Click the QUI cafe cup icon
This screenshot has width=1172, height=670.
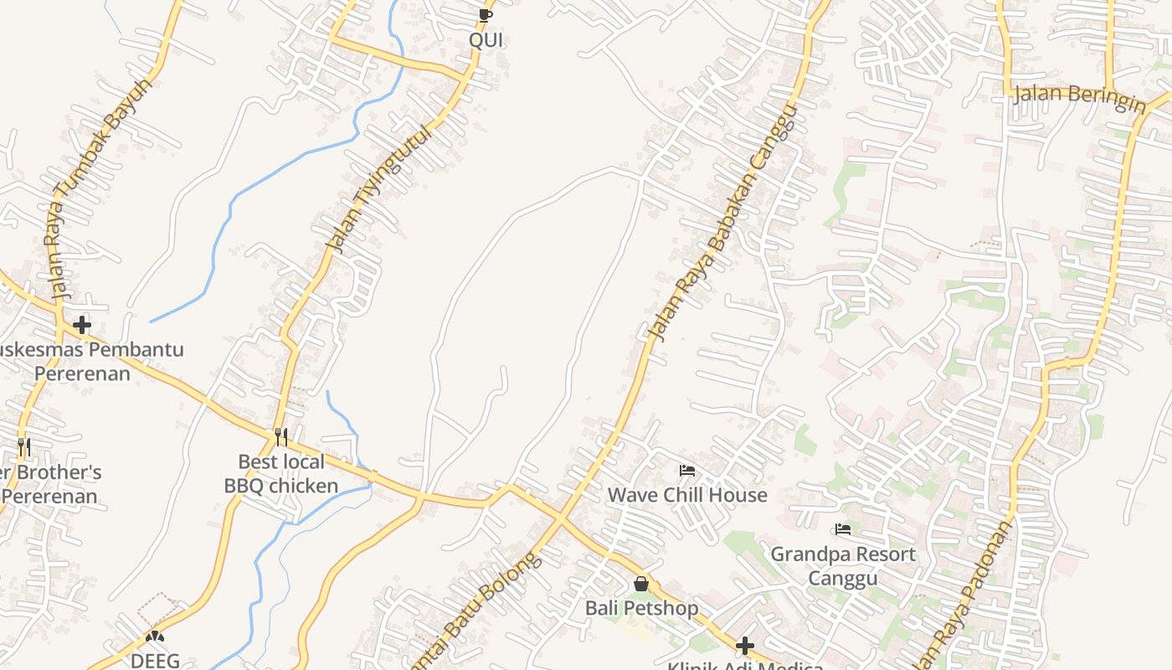485,15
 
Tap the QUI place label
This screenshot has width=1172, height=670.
486,40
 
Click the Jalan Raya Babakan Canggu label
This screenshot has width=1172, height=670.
722,223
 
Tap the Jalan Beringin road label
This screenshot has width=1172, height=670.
1079,98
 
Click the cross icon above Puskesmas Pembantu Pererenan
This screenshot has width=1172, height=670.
82,325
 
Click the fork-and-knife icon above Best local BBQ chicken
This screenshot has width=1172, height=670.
281,437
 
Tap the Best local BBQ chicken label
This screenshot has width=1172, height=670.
281,474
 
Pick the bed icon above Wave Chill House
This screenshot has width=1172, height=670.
687,471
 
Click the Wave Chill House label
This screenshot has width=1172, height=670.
687,495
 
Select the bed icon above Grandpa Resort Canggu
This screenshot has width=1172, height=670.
843,529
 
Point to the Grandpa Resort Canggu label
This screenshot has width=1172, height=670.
843,566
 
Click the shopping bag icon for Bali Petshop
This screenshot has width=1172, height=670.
641,584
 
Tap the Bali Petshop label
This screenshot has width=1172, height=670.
641,608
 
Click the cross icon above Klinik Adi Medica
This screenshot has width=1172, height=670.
744,646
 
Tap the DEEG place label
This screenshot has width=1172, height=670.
155,661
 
